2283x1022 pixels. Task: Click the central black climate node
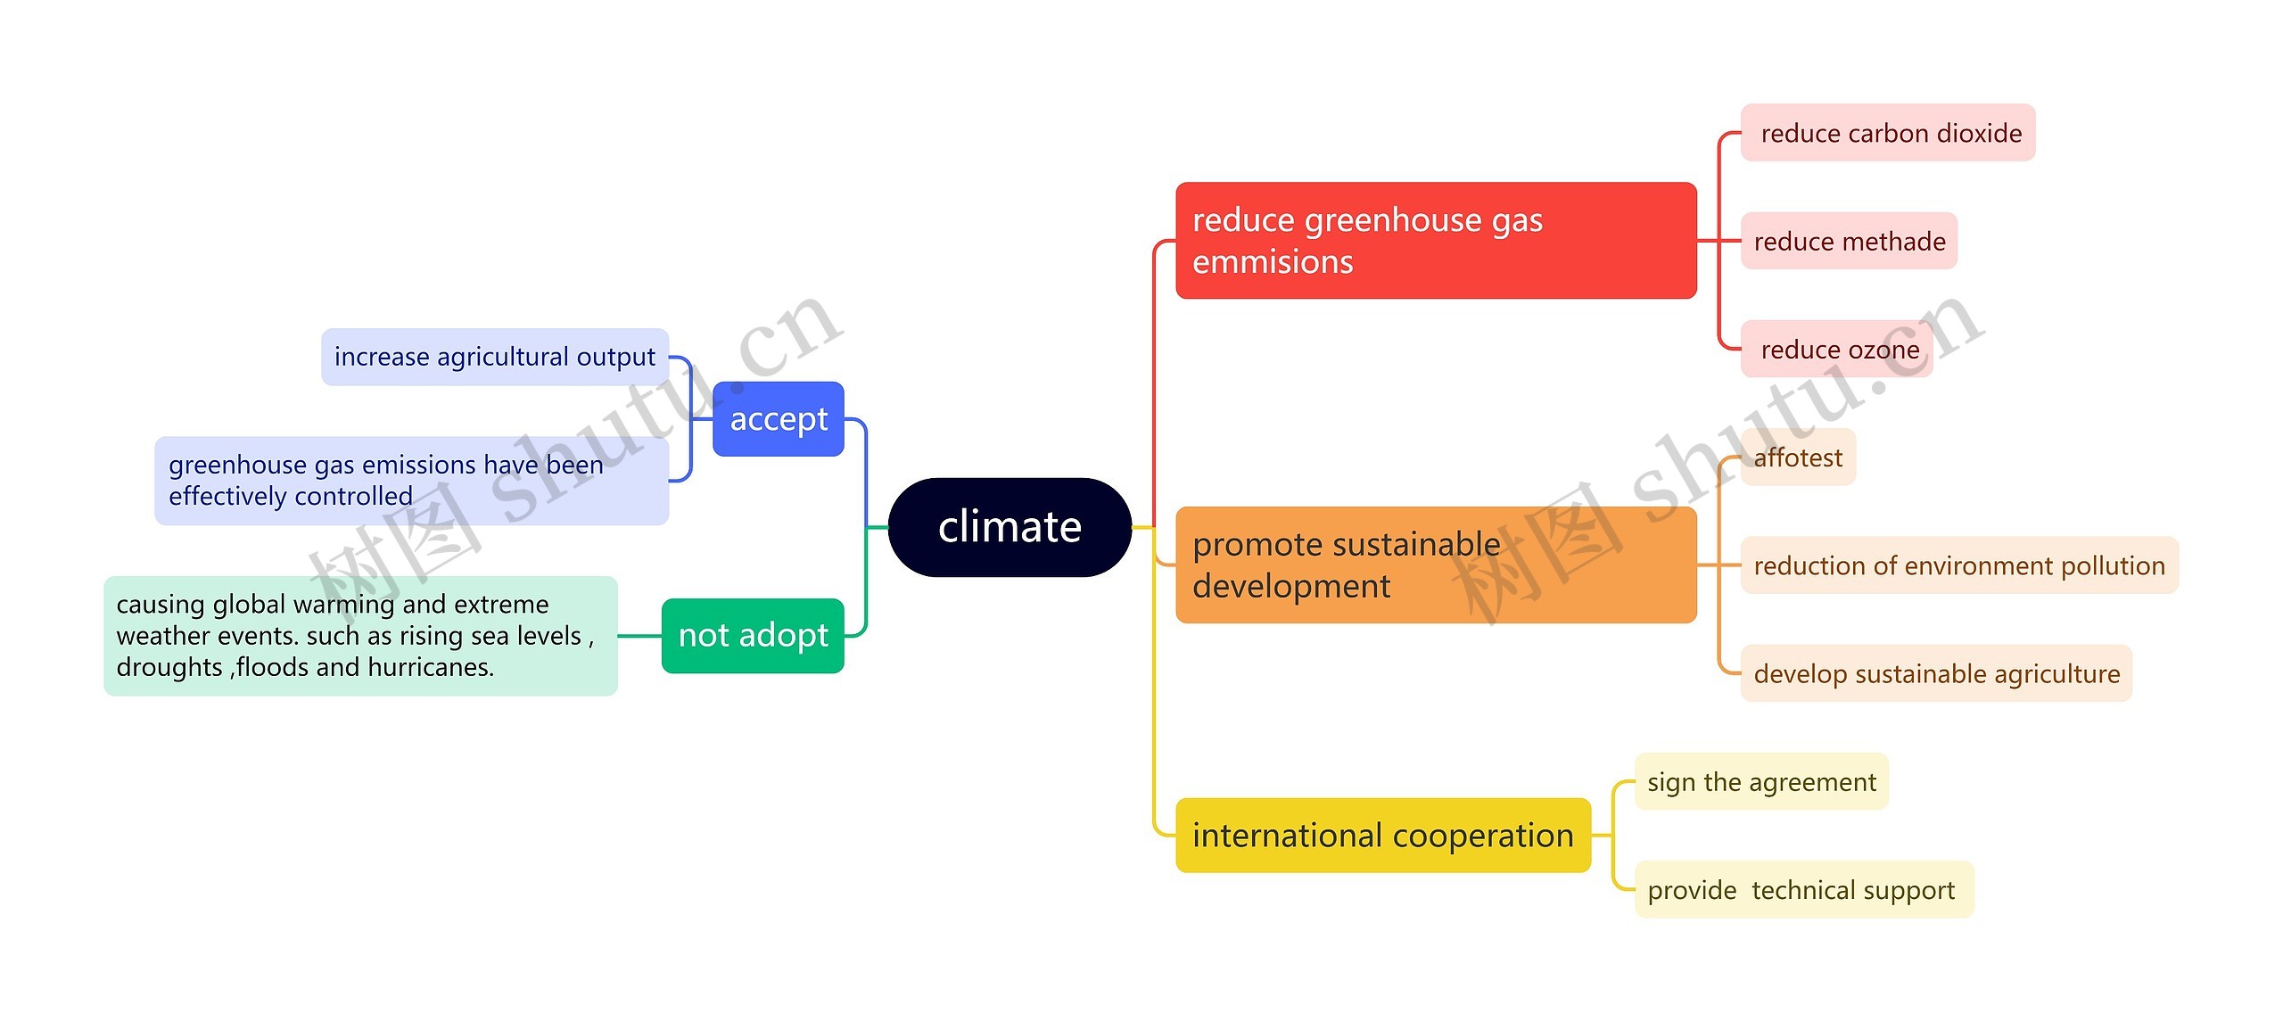pos(1010,527)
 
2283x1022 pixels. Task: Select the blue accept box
pos(778,419)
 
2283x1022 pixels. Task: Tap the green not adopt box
pos(753,636)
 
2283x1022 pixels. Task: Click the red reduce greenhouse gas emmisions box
pos(1435,241)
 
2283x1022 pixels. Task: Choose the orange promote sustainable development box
pos(1435,565)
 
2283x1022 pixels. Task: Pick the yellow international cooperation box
pos(1382,836)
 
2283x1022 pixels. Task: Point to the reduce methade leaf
pos(1849,241)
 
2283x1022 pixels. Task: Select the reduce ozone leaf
pos(1836,350)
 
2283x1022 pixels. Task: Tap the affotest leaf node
pos(1797,457)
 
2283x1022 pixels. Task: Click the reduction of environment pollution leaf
pos(1958,565)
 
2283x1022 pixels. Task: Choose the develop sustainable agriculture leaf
pos(1935,673)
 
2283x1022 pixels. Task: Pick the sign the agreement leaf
pos(1760,782)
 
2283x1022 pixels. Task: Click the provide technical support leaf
pos(1803,890)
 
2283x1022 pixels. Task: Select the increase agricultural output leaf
pos(494,357)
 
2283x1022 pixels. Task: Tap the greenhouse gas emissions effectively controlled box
pos(411,481)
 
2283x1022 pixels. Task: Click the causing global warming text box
pos(360,636)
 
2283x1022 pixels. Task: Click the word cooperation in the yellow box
pos(1482,836)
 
